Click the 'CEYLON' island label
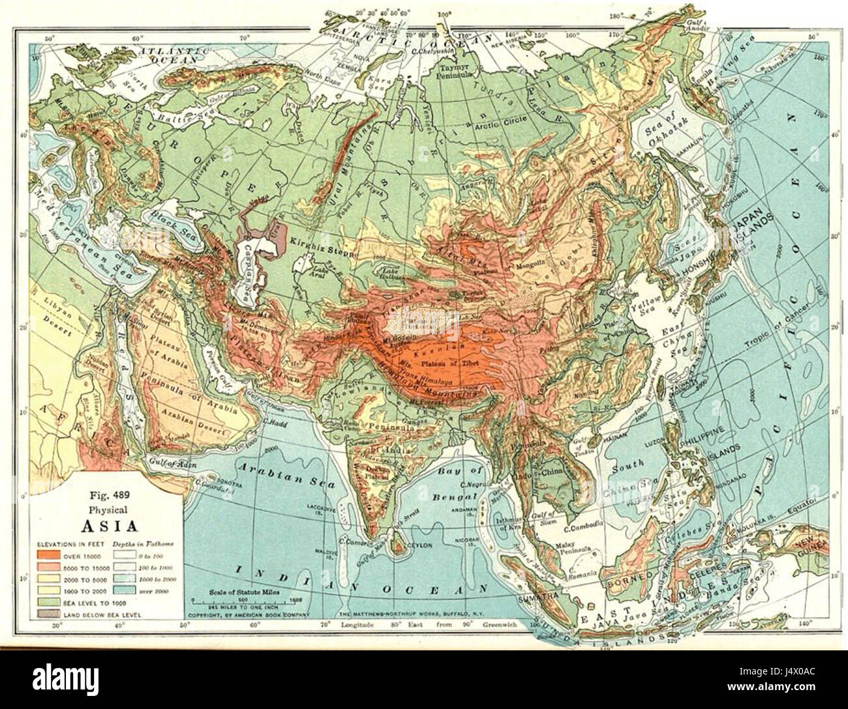[414, 547]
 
